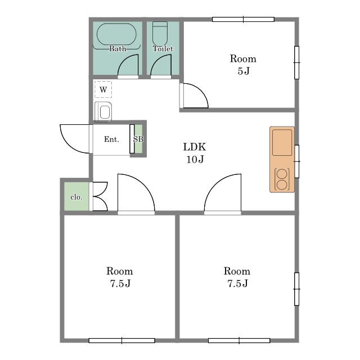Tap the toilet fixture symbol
(x=160, y=33)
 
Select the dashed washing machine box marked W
(x=103, y=89)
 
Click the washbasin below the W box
(x=103, y=112)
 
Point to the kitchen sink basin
(x=282, y=142)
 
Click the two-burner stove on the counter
(x=282, y=179)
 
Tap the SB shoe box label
(x=138, y=139)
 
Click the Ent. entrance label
(x=111, y=139)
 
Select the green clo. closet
(x=76, y=196)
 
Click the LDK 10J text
(x=195, y=153)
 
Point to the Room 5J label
(x=243, y=65)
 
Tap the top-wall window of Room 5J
(x=243, y=20)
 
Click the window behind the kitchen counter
(x=296, y=161)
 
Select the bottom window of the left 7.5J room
(x=121, y=340)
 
